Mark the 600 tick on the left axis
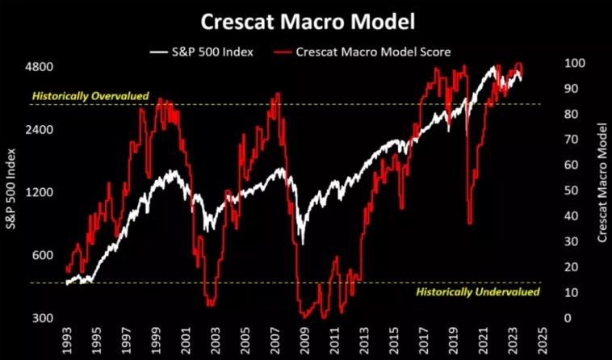(44, 256)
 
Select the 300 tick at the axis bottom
(44, 318)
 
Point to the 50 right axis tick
(572, 190)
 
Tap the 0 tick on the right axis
(569, 318)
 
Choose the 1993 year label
(69, 340)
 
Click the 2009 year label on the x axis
(305, 340)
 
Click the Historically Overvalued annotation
(90, 96)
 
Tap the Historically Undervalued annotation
(476, 291)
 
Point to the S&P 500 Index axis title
(11, 190)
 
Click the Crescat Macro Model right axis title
(602, 182)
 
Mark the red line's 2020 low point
(470, 224)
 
